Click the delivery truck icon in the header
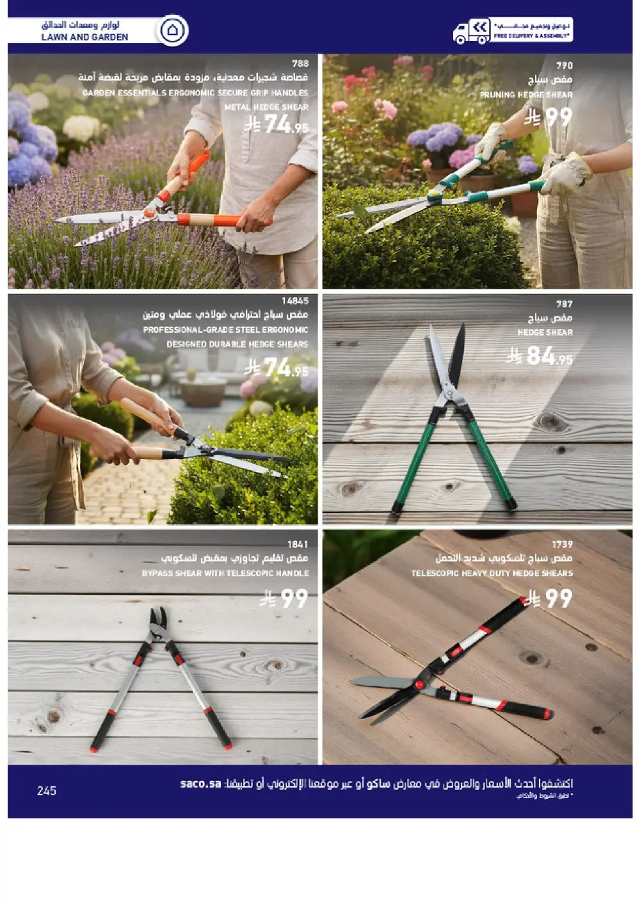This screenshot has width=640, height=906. [471, 31]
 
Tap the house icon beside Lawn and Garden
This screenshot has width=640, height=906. [172, 30]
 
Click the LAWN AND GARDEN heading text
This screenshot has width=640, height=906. [84, 37]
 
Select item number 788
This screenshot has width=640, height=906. [300, 63]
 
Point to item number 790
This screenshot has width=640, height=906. [564, 65]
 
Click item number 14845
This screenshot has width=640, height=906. [295, 300]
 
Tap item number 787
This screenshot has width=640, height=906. [564, 303]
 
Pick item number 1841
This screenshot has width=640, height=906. [298, 544]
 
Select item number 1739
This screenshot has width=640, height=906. [562, 544]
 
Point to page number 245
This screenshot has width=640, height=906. [47, 791]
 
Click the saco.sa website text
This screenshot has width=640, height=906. [200, 784]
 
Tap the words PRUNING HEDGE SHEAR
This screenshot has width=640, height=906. [526, 95]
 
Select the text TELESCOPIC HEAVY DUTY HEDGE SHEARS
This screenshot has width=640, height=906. [492, 573]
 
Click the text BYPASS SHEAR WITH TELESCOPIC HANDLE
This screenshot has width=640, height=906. [225, 573]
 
